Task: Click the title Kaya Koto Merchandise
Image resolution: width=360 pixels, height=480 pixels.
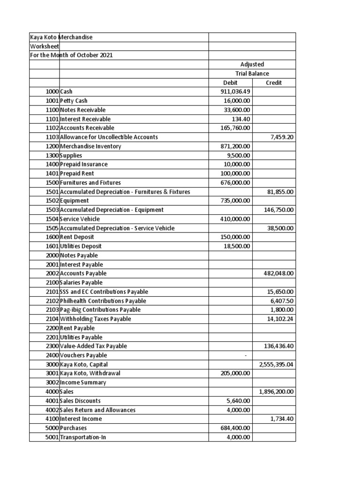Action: (x=61, y=37)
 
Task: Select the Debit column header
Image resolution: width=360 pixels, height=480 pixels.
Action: (x=230, y=82)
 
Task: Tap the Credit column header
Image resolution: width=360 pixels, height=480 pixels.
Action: (x=274, y=82)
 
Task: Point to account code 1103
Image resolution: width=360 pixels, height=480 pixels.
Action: (x=52, y=137)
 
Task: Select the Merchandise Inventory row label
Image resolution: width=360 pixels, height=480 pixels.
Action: (x=90, y=146)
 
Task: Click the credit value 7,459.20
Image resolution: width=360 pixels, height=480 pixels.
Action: (x=282, y=137)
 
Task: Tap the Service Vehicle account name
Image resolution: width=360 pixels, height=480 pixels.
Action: (x=80, y=219)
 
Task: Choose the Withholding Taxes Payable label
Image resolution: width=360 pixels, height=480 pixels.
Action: (x=96, y=319)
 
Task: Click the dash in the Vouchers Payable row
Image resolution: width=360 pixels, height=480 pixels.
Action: (x=246, y=355)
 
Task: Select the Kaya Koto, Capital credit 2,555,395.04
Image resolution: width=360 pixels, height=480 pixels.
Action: (x=277, y=364)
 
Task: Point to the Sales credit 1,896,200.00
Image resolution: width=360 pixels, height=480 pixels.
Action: (x=277, y=391)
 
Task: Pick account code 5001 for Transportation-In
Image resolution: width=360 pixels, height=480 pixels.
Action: (x=52, y=437)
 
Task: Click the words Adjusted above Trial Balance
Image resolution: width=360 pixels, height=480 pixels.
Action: (x=252, y=64)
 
